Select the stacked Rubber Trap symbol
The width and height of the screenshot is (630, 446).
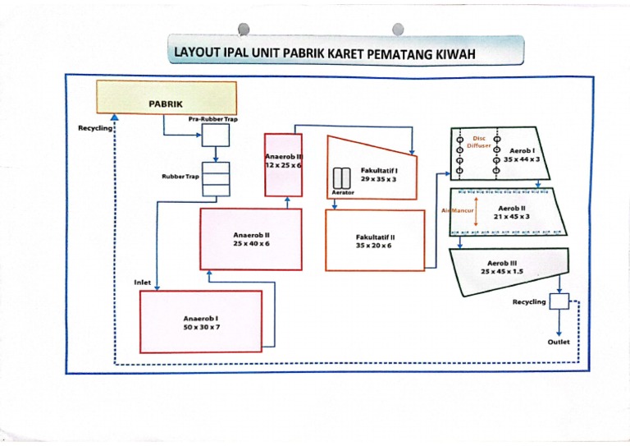[x=216, y=180]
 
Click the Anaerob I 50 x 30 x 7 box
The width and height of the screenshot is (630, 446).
[x=201, y=323]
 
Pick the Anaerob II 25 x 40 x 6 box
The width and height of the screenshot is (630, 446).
[x=251, y=239]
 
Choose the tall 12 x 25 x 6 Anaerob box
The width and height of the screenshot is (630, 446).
[x=283, y=164]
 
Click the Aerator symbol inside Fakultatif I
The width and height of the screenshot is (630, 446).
[x=342, y=177]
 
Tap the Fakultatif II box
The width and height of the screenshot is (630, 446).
[x=373, y=240]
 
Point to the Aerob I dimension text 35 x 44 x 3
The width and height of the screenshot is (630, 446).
[x=522, y=159]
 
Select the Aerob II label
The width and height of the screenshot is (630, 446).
[x=512, y=209]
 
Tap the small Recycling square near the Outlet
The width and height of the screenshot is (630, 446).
[x=559, y=301]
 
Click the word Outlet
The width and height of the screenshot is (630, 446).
[x=558, y=342]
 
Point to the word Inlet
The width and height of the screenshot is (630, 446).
[x=143, y=282]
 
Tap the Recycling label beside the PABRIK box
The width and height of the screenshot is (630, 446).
[x=94, y=128]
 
